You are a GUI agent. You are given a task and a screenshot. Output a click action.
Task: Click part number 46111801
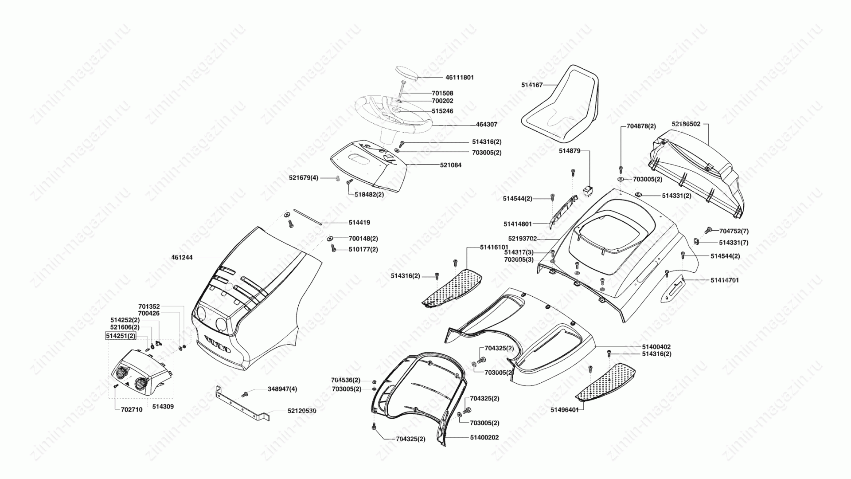tap(460, 77)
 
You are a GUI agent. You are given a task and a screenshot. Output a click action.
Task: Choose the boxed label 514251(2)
tap(121, 336)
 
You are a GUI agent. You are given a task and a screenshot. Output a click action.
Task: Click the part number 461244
tap(182, 257)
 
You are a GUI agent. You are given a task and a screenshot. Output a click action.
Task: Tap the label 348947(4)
tap(282, 389)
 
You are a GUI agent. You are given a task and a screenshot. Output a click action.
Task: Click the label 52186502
tap(686, 124)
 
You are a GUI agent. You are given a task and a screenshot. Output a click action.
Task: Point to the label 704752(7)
tap(734, 231)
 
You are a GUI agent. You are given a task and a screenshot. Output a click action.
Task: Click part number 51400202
tap(484, 438)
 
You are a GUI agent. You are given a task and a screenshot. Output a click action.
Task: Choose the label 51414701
tap(725, 280)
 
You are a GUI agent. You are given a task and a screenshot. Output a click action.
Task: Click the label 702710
tap(132, 410)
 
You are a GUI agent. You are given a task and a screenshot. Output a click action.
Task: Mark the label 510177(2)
tap(363, 250)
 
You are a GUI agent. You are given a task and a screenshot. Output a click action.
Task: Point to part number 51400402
tap(656, 347)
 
